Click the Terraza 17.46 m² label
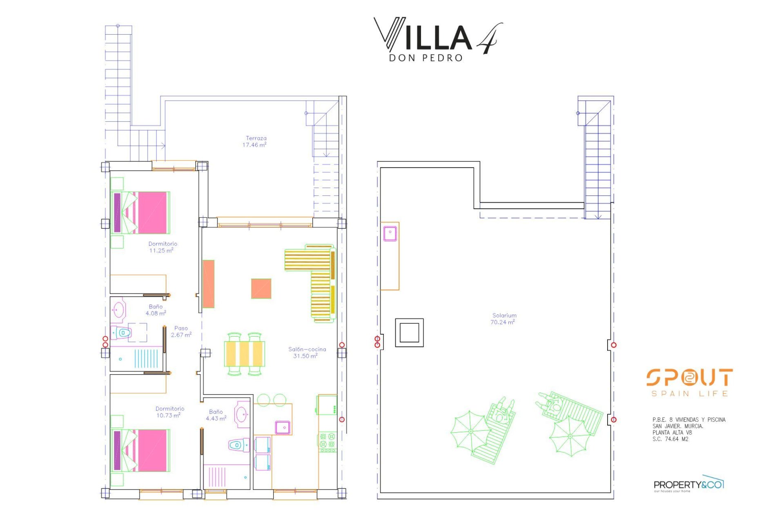click(256, 142)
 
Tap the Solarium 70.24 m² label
click(504, 319)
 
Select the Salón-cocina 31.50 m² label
click(307, 353)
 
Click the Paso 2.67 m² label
click(181, 331)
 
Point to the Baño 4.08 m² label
click(156, 310)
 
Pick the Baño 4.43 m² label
click(216, 415)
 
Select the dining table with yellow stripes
click(244, 354)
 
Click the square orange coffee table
click(261, 288)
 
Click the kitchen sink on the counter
click(283, 427)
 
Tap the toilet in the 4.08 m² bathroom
click(122, 333)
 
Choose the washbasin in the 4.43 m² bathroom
click(242, 414)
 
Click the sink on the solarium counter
click(390, 234)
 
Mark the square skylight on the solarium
click(409, 333)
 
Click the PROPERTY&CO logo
click(688, 485)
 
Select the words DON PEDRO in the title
click(425, 58)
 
